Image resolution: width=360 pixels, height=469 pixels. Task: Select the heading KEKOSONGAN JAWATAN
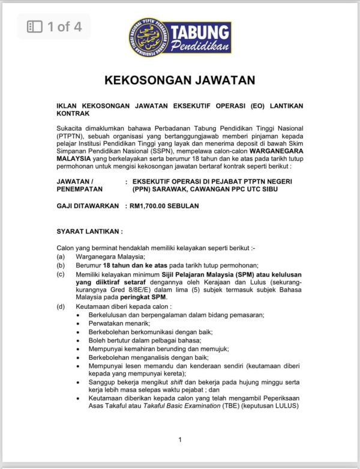tap(180, 80)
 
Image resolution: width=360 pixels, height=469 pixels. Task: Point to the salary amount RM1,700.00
tap(153, 206)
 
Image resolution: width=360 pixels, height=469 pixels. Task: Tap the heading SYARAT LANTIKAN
tap(89, 230)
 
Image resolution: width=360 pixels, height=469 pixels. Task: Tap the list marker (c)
tap(61, 274)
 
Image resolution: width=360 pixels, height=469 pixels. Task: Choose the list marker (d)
tap(61, 306)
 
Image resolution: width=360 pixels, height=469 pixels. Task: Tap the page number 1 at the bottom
tap(180, 440)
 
